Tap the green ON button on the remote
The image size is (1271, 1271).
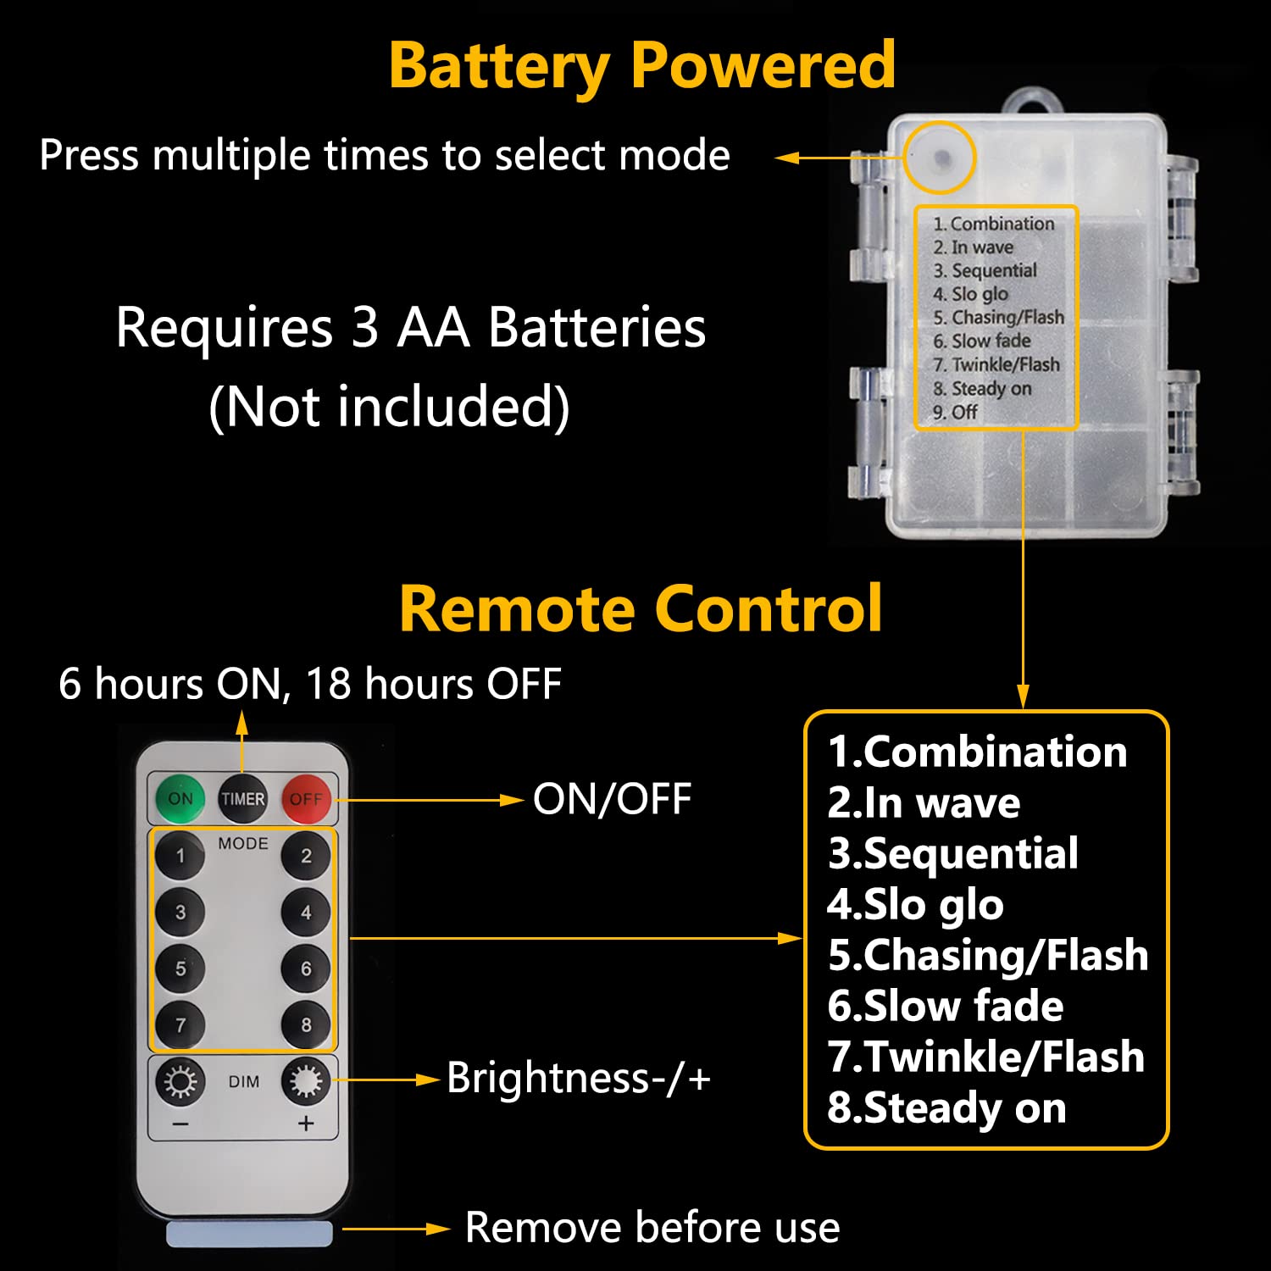click(x=180, y=798)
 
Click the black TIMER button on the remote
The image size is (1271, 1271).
click(x=243, y=798)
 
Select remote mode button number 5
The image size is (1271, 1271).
click(x=180, y=969)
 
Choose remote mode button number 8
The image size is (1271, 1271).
click(x=306, y=1025)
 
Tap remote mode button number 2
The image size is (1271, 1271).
click(x=306, y=856)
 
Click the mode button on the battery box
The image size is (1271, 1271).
click(x=941, y=158)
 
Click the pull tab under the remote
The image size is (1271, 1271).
click(x=249, y=1233)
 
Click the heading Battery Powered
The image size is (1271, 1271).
click(x=641, y=65)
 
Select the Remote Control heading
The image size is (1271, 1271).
click(x=641, y=608)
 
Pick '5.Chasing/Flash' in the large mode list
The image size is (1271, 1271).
click(x=988, y=955)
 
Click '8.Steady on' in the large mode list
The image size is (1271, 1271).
click(x=946, y=1108)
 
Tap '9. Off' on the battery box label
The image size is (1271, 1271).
click(x=955, y=413)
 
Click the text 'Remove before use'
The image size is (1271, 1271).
click(x=652, y=1228)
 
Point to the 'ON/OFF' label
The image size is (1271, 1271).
click(x=612, y=799)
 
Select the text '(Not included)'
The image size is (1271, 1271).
click(x=389, y=408)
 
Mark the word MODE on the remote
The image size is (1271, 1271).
click(x=243, y=844)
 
